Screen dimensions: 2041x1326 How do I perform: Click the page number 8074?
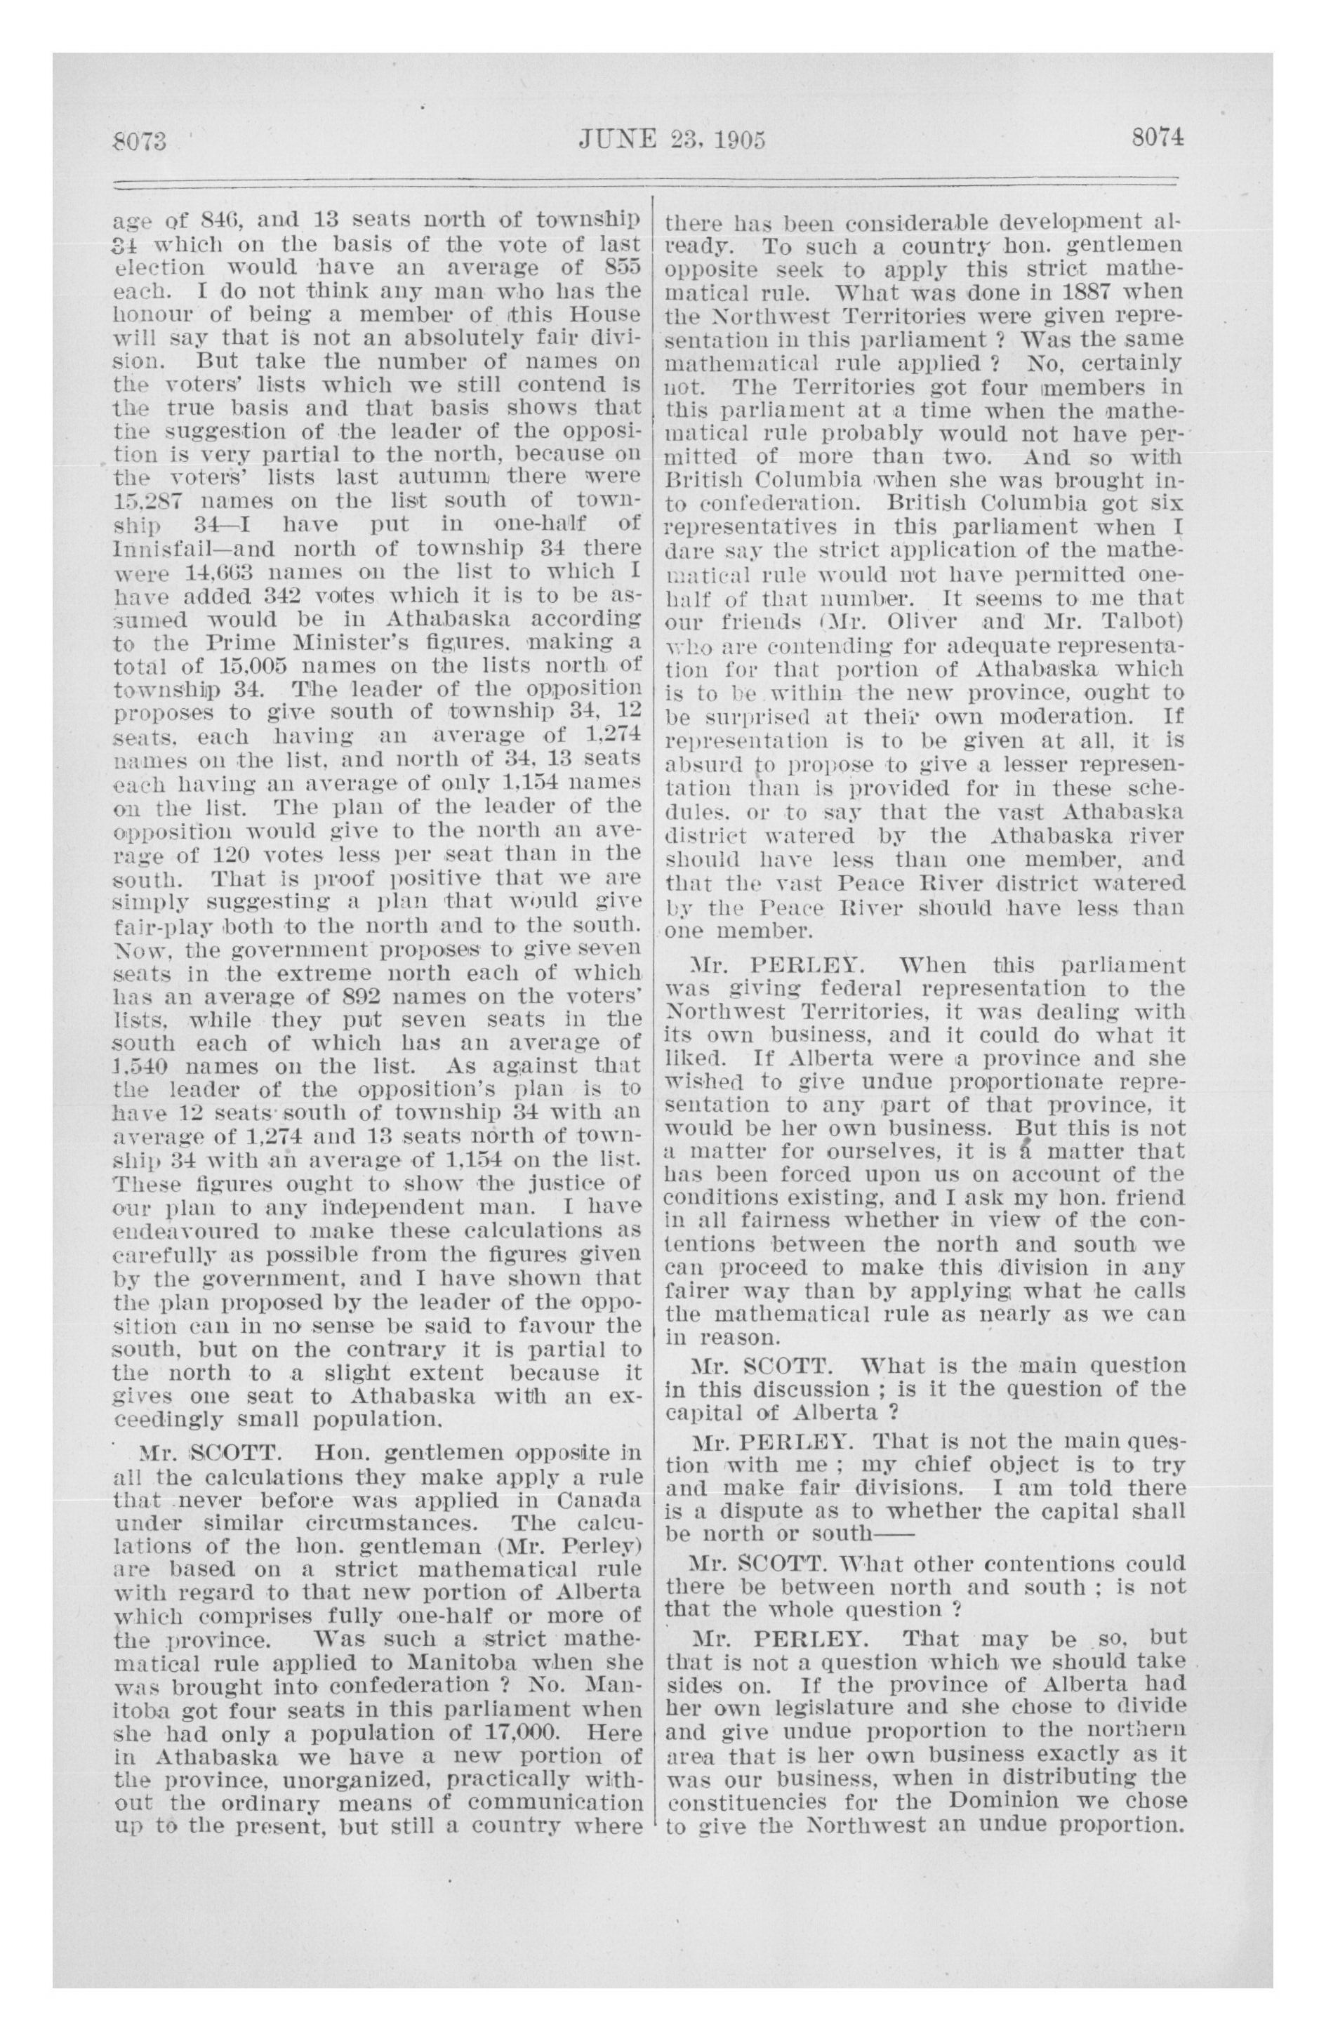click(x=1156, y=138)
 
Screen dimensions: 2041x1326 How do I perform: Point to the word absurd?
click(x=700, y=762)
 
